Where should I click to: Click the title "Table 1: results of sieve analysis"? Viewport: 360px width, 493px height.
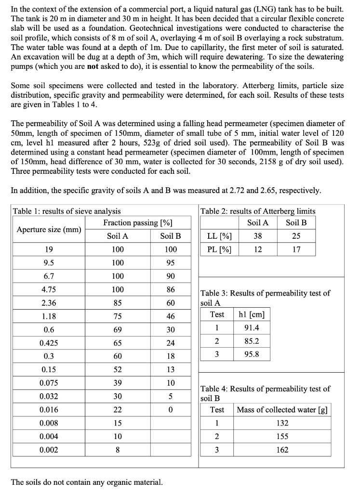(x=67, y=211)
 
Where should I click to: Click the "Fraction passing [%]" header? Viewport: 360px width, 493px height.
(x=138, y=222)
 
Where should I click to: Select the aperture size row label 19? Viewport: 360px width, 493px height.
(x=49, y=249)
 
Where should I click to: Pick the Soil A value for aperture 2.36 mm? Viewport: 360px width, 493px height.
(x=118, y=303)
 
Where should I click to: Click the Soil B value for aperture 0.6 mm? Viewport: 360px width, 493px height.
(x=170, y=330)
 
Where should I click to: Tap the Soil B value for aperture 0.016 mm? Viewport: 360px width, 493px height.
(x=170, y=410)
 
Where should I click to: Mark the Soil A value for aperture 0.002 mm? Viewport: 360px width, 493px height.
(x=118, y=450)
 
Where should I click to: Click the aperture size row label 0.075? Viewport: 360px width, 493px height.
(x=49, y=383)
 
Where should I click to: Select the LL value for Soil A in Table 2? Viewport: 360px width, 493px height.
(x=258, y=236)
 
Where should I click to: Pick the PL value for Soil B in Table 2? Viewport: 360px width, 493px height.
(x=296, y=249)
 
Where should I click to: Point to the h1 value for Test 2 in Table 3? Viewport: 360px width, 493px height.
(x=251, y=341)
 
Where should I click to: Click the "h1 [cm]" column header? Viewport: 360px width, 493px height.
(x=251, y=314)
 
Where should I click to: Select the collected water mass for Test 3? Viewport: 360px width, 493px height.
(x=282, y=450)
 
